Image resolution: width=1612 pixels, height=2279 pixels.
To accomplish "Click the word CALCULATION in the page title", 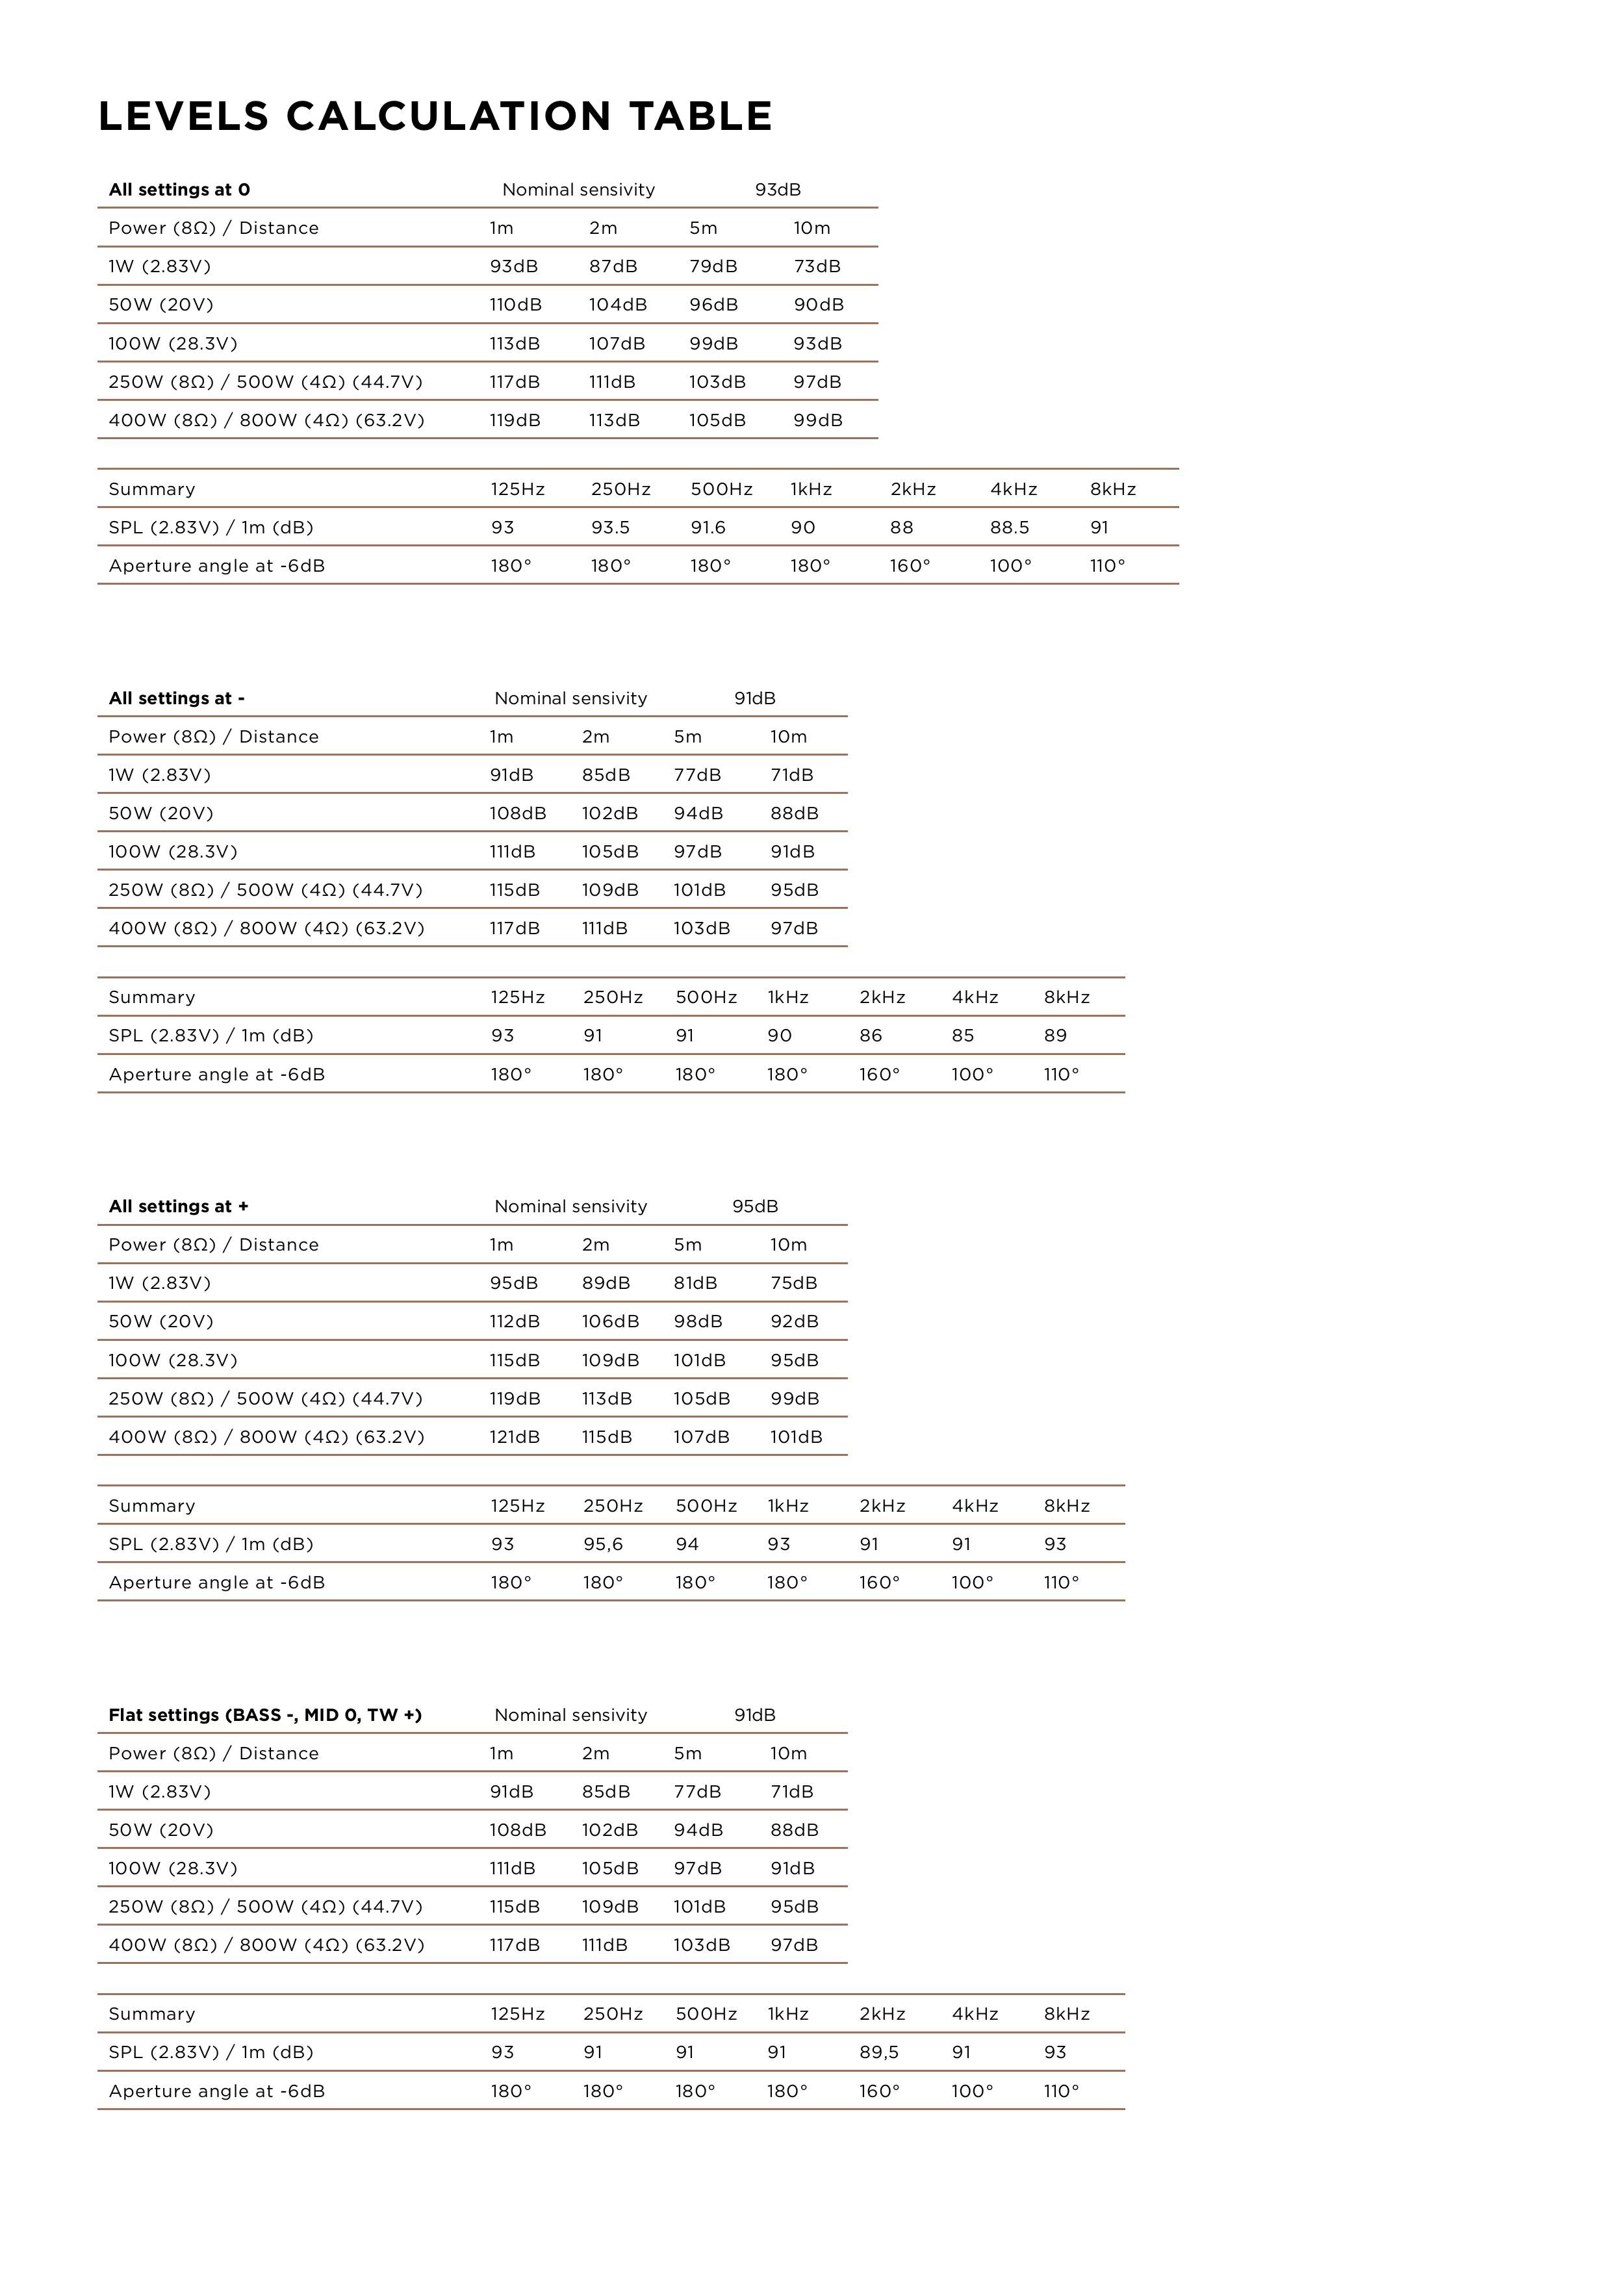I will tap(449, 116).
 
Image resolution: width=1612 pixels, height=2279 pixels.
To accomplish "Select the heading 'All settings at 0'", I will tap(180, 190).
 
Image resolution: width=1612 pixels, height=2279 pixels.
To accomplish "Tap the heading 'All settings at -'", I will tap(177, 698).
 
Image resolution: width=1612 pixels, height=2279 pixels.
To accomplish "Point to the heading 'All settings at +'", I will tap(179, 1206).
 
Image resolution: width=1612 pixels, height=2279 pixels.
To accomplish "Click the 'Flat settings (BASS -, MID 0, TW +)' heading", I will tap(265, 1714).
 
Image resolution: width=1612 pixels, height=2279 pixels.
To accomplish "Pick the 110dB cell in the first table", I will tap(515, 305).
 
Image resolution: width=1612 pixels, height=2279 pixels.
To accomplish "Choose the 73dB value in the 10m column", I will tap(817, 266).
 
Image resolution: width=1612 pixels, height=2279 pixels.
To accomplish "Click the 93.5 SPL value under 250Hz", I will tap(611, 527).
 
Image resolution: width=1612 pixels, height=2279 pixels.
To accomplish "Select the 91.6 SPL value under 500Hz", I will tap(709, 527).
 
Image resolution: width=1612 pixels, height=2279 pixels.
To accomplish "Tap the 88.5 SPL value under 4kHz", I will tap(1010, 527).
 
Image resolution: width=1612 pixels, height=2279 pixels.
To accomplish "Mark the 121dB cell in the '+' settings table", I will tap(514, 1436).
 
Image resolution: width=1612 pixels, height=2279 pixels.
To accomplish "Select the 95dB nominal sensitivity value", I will tap(756, 1206).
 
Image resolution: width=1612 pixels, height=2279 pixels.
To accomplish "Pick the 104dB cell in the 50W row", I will tap(617, 305).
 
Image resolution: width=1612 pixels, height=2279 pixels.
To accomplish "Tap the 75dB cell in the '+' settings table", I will tap(794, 1282).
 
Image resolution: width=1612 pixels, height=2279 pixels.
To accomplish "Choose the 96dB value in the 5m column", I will tap(713, 305).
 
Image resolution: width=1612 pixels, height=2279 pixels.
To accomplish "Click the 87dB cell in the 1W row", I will tap(613, 266).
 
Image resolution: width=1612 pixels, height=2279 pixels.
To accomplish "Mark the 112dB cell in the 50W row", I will tap(514, 1321).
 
